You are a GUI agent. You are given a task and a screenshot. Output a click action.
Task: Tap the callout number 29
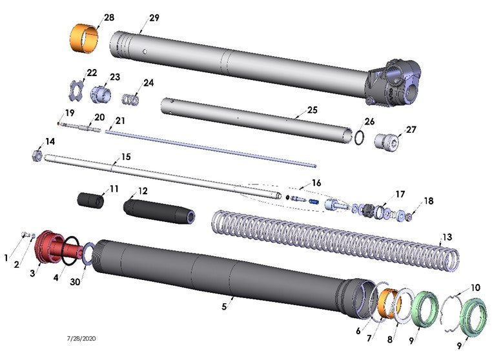(154, 17)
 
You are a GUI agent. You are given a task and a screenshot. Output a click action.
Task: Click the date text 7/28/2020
(81, 338)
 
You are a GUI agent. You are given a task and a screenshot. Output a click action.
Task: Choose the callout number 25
(312, 110)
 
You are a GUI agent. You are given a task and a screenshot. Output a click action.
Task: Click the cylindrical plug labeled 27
(389, 140)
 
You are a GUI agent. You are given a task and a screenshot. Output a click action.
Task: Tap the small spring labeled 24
(132, 100)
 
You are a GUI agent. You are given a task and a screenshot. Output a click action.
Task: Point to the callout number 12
(143, 191)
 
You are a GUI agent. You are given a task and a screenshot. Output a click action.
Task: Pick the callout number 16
(316, 183)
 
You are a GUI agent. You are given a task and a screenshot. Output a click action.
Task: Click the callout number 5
(224, 306)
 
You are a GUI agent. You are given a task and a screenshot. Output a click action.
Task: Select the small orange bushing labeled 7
(390, 300)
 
